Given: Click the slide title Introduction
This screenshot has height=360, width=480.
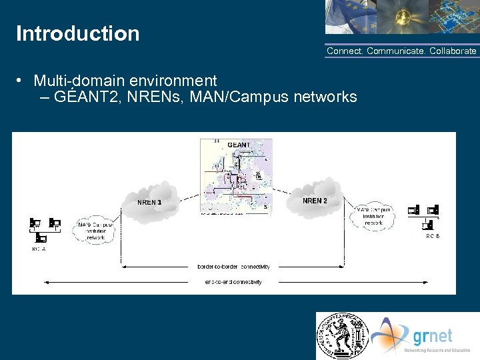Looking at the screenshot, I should click(77, 33).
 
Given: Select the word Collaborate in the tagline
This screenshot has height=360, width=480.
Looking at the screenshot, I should click(453, 51).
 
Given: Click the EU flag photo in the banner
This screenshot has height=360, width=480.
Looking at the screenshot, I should click(349, 17).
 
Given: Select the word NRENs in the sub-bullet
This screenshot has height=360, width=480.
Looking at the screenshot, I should click(160, 97).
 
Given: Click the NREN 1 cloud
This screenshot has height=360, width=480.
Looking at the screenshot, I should click(149, 201).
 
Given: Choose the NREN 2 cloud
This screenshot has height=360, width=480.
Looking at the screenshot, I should click(315, 199).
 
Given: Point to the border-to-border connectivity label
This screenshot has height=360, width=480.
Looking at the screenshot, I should click(233, 267).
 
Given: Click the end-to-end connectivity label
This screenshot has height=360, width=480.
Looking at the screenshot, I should click(233, 282).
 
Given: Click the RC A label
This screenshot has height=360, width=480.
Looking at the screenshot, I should click(39, 249).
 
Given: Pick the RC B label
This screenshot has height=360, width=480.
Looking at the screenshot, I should click(433, 236).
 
